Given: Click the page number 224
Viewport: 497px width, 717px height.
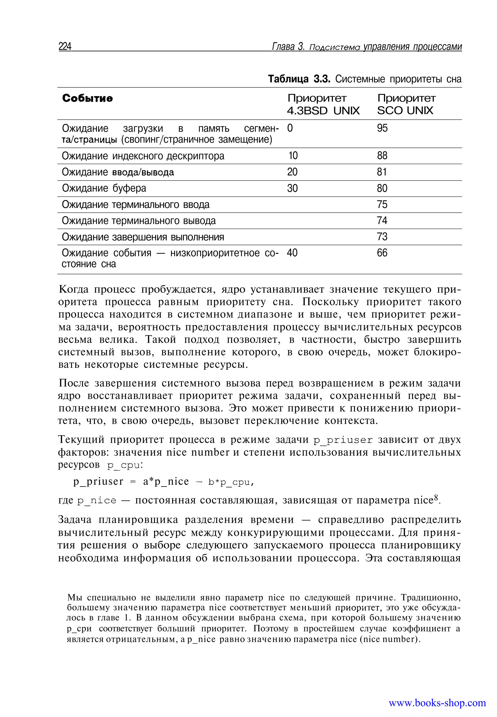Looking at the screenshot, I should (65, 46).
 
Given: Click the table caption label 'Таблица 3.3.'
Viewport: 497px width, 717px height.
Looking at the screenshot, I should (299, 79).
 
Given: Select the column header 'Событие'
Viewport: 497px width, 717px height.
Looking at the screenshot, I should (88, 99).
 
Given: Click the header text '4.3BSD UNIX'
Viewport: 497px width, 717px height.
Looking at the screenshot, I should (323, 111).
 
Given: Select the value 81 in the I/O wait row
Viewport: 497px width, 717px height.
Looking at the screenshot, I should (382, 172).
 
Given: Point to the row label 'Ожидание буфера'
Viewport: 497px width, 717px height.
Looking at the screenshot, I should (104, 188).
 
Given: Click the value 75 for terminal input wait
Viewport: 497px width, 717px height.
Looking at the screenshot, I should (382, 204).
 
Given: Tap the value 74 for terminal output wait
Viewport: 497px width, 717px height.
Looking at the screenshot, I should (382, 221).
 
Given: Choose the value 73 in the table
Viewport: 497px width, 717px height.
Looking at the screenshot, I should (382, 237).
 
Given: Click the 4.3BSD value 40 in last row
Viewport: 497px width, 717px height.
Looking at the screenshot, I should (292, 253).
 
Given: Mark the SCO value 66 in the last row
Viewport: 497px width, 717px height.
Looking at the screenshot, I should (382, 253).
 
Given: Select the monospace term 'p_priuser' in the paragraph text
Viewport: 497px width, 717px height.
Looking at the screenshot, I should (343, 440).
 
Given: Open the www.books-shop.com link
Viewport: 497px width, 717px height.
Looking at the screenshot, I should (437, 703).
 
